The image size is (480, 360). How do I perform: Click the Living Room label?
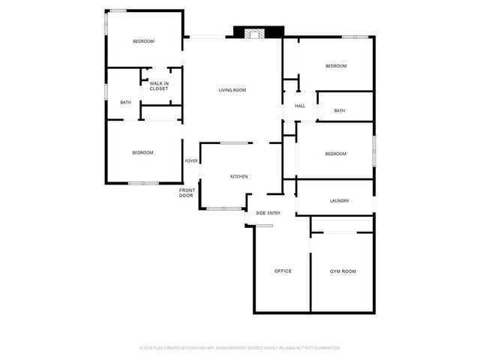coord(232,90)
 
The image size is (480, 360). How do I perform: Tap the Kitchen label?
coord(238,176)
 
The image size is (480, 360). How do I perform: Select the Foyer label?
coord(191,160)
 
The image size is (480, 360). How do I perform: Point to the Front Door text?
coord(186,193)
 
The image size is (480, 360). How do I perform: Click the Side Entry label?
coord(268,213)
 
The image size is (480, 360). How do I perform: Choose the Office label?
coord(283,271)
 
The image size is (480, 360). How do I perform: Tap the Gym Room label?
coord(343,271)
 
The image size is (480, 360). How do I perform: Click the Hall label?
coord(299,106)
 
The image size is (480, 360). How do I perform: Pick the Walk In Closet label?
coord(158,86)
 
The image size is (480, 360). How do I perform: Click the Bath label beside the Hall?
coord(339,111)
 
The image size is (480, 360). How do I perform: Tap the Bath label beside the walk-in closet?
coord(125,103)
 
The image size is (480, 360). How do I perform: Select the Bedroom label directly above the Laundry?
coord(335,154)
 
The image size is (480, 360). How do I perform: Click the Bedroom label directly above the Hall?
coord(335,66)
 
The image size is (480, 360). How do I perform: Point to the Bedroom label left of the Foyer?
coord(142,153)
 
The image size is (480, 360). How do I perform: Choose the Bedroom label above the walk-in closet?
coord(143,40)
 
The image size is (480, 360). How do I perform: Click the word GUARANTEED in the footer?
coord(325,348)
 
